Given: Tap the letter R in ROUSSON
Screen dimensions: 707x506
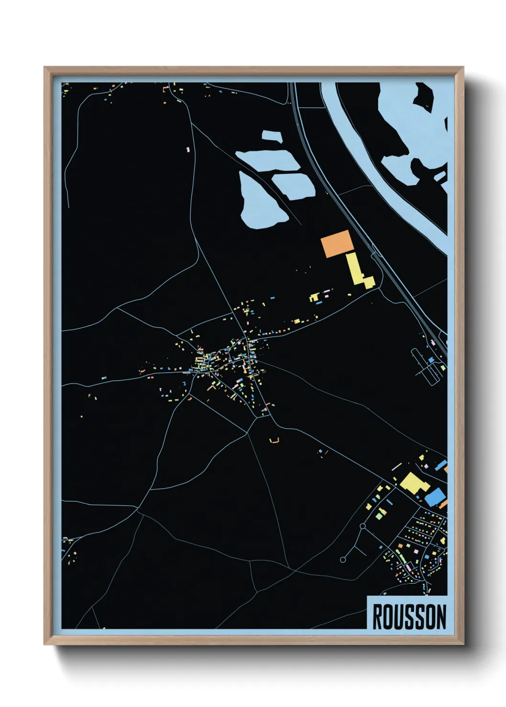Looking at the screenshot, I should point(377,617).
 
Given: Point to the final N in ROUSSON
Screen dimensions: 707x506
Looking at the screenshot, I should point(441,617).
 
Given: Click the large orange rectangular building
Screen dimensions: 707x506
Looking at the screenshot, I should point(337,244).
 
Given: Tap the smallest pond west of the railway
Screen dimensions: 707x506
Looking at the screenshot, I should point(272,135).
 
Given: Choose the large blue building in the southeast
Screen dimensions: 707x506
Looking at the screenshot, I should point(435,497).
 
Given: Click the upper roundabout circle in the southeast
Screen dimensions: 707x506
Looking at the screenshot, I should point(363,526).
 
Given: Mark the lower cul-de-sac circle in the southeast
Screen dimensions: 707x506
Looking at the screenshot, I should point(343,559).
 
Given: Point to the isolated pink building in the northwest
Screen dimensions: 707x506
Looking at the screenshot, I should point(188,150).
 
